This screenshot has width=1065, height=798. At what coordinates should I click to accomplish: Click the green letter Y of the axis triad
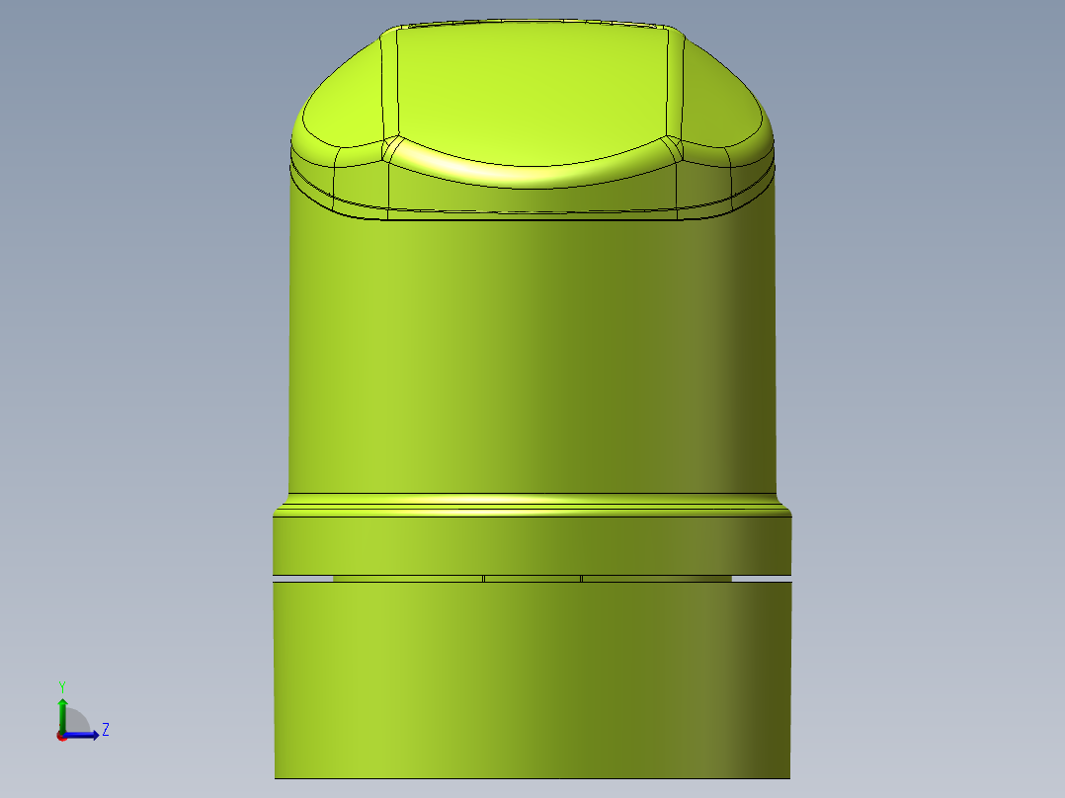point(62,685)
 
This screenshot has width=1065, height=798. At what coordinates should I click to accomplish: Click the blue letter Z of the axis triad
point(105,730)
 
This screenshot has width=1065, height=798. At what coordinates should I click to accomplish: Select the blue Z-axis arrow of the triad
point(87,734)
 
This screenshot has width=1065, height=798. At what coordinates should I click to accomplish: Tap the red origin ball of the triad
point(61,735)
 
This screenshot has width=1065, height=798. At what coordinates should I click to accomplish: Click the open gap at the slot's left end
point(302,578)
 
